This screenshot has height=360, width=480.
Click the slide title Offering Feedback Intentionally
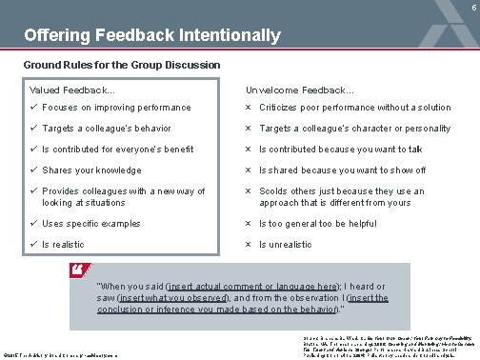(152, 36)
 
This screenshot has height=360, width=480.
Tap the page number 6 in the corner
(473, 6)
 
